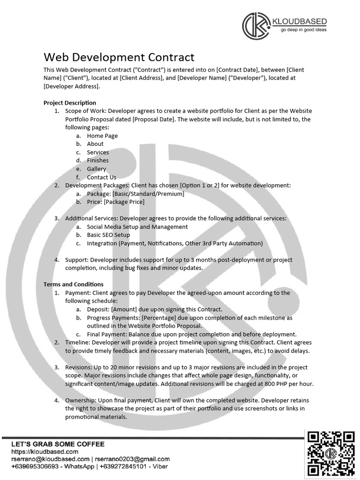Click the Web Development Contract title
(x=119, y=57)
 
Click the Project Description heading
(x=70, y=103)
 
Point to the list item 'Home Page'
(x=102, y=135)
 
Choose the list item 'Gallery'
(x=97, y=169)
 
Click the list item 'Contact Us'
(x=101, y=177)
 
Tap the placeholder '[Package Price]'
(x=124, y=202)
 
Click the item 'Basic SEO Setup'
(x=108, y=235)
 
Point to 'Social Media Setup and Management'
(x=137, y=227)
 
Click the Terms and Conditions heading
(x=74, y=284)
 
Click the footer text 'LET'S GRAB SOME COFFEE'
(x=58, y=444)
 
